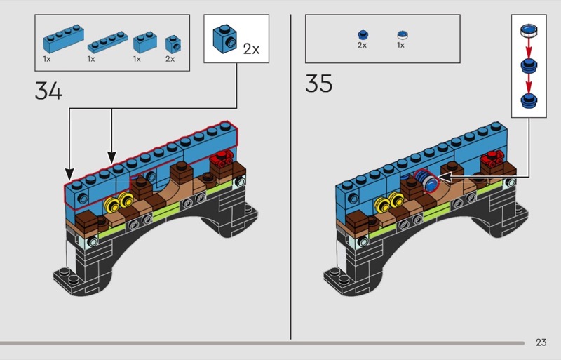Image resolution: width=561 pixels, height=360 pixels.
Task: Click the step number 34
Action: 48,91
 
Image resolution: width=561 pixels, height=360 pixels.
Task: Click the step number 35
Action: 318,83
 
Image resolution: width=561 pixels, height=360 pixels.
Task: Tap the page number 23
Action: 541,342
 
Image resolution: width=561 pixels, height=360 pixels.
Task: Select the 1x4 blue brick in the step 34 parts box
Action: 64,39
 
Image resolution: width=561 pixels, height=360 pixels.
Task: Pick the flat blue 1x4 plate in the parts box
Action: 108,42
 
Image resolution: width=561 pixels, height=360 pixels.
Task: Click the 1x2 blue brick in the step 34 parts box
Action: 145,42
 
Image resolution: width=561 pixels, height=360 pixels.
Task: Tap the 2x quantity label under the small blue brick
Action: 170,59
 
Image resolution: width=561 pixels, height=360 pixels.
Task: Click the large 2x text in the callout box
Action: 251,48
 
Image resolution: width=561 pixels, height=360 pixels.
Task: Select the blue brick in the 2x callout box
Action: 224,39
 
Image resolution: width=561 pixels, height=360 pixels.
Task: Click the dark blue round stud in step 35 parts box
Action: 363,34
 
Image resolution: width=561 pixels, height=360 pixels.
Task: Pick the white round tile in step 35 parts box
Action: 403,35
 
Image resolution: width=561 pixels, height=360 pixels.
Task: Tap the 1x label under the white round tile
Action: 400,45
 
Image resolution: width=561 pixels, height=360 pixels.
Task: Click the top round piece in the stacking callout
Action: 529,30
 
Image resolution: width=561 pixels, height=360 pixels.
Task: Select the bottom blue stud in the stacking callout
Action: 529,100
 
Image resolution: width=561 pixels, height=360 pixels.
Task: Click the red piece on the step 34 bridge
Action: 222,159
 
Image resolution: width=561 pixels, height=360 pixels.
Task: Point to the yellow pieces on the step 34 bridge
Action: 119,202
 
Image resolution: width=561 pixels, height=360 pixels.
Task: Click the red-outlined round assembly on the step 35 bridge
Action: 427,180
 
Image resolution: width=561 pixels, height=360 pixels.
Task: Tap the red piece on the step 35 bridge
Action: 493,159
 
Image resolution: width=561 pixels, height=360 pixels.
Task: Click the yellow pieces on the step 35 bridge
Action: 389,202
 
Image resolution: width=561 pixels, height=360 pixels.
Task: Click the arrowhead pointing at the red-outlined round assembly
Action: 444,177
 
